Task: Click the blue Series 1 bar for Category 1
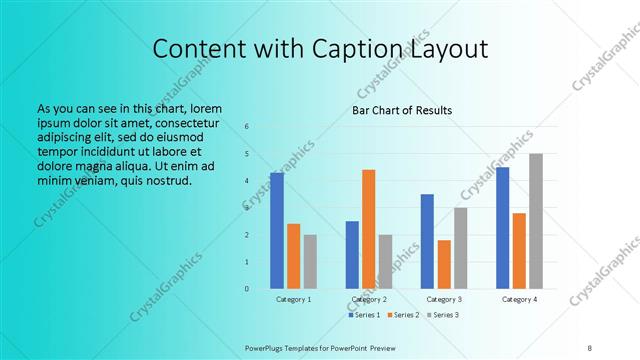pyautogui.click(x=277, y=231)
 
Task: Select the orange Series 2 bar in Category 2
pyautogui.click(x=368, y=229)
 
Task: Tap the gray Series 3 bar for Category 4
pyautogui.click(x=536, y=221)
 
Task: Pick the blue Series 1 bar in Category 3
pyautogui.click(x=427, y=241)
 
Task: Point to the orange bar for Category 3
pyautogui.click(x=444, y=264)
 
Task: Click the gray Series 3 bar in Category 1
pyautogui.click(x=310, y=262)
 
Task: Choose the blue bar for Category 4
pyautogui.click(x=502, y=228)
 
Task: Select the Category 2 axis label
pyautogui.click(x=369, y=300)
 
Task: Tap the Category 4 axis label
pyautogui.click(x=519, y=300)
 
